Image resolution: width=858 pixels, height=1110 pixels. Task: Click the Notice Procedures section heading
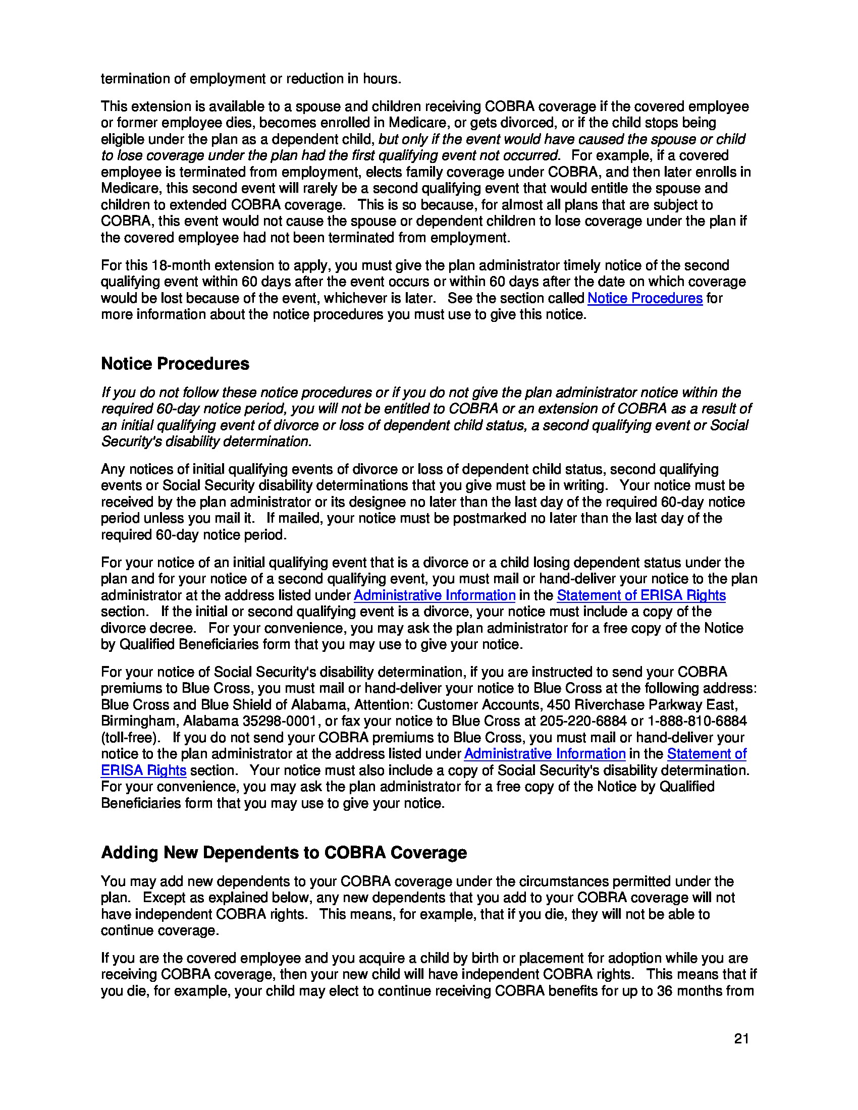coord(175,364)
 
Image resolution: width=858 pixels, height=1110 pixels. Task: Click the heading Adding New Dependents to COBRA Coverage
coord(284,852)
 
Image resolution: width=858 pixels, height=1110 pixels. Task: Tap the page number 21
coord(741,1039)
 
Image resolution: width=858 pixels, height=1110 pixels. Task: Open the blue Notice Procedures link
coord(645,298)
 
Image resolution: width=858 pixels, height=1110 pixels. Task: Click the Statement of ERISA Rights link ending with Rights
coord(641,595)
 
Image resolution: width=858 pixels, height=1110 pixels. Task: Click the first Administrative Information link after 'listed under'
coord(435,595)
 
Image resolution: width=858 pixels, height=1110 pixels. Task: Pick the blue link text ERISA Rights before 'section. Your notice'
coord(143,770)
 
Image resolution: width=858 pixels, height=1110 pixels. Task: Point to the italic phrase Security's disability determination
coord(205,441)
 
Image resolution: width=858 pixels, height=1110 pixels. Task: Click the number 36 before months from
coord(665,991)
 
